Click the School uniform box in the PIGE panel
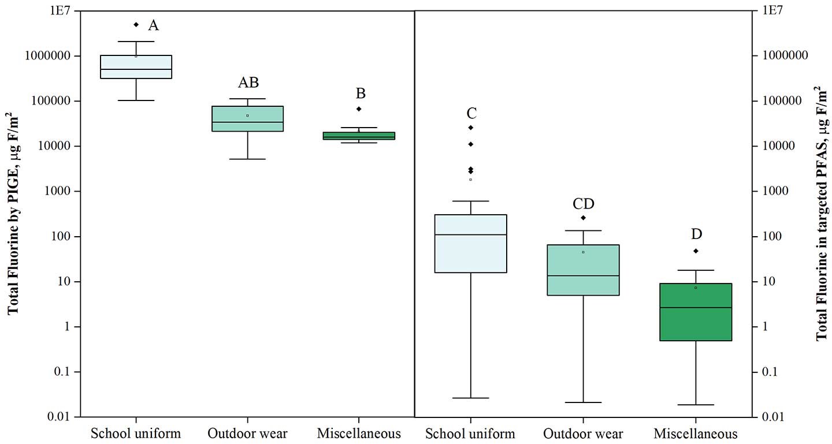click(x=136, y=66)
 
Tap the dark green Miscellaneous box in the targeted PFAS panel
click(x=696, y=312)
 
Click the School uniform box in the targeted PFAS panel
click(x=471, y=243)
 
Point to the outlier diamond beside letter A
click(x=136, y=24)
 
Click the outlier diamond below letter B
click(x=359, y=109)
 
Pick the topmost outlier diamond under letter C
click(x=471, y=127)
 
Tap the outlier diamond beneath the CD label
click(x=583, y=218)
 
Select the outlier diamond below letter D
click(x=696, y=251)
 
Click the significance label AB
click(x=248, y=83)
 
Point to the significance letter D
click(x=696, y=234)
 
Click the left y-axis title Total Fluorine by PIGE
click(x=13, y=214)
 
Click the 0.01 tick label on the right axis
click(x=774, y=417)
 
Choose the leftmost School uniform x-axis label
click(x=136, y=433)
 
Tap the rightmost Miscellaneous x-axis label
click(x=696, y=434)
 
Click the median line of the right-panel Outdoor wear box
click(x=583, y=275)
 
